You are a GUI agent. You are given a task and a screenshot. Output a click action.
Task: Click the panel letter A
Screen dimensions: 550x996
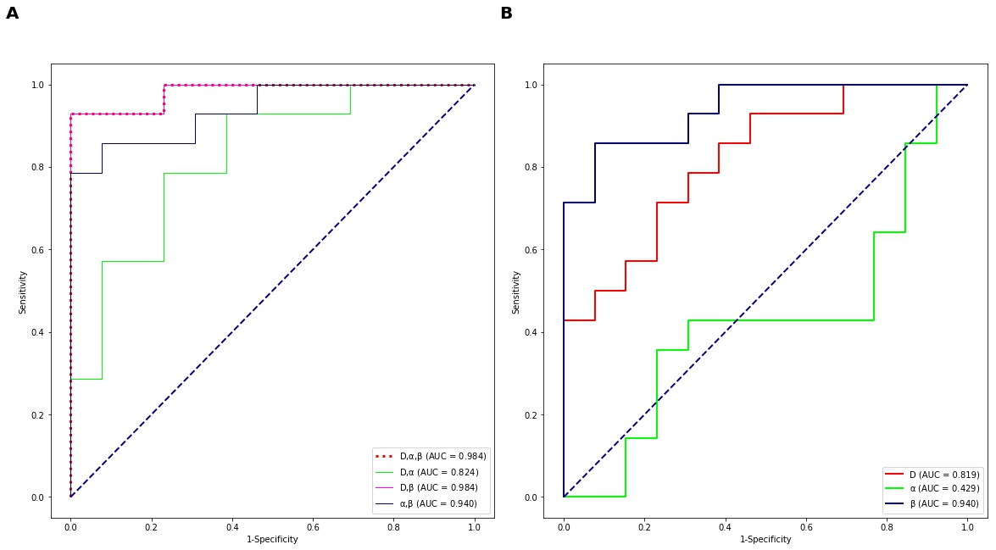(12, 14)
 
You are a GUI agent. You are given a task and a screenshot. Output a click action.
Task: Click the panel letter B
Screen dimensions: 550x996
(506, 14)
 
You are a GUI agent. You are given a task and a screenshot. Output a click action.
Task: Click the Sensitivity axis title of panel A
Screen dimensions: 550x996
(23, 292)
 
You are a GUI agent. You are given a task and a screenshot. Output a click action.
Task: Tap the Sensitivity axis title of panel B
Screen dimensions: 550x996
(515, 292)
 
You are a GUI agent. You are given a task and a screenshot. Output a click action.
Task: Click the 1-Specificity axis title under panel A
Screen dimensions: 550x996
(272, 539)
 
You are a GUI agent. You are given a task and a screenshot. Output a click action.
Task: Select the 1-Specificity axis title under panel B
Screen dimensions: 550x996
(765, 539)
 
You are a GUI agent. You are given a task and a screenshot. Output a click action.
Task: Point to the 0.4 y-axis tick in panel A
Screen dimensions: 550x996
(37, 332)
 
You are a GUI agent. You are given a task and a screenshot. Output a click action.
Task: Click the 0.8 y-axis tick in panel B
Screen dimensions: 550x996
(530, 167)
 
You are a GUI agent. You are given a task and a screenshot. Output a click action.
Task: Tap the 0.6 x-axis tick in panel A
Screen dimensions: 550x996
(313, 526)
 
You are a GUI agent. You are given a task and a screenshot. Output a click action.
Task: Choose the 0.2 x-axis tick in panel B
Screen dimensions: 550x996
(644, 526)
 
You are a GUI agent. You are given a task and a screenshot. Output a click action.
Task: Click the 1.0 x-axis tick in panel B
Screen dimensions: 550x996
(967, 526)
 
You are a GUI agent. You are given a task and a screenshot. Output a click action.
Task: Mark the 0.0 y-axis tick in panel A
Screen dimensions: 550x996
(37, 497)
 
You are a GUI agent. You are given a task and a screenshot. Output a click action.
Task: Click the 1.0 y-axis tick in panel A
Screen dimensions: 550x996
(37, 85)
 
